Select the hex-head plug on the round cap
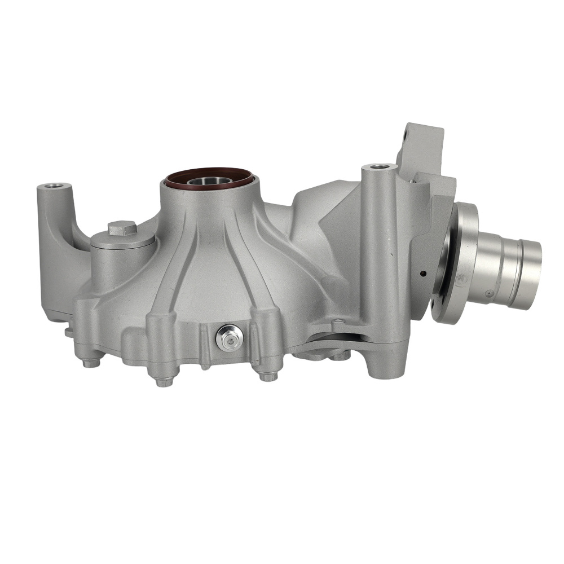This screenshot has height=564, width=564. point(122,228)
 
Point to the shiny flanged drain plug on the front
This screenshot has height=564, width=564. point(229,337)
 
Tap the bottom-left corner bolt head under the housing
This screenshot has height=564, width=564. point(91,362)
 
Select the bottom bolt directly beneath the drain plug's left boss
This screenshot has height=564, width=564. point(164,382)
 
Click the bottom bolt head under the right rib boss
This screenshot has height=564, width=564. point(268,376)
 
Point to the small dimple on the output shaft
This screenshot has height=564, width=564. point(490,293)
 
